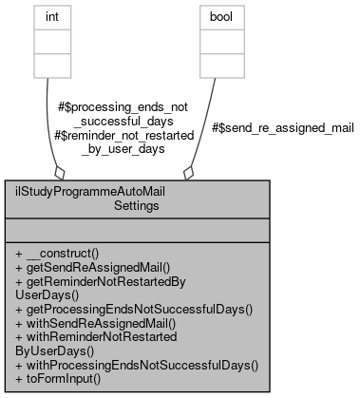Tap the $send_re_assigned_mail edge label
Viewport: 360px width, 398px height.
pos(282,126)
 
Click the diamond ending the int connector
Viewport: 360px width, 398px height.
pos(60,173)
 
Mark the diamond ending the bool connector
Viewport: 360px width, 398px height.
pos(189,173)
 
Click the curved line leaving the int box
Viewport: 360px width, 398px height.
pos(47,114)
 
